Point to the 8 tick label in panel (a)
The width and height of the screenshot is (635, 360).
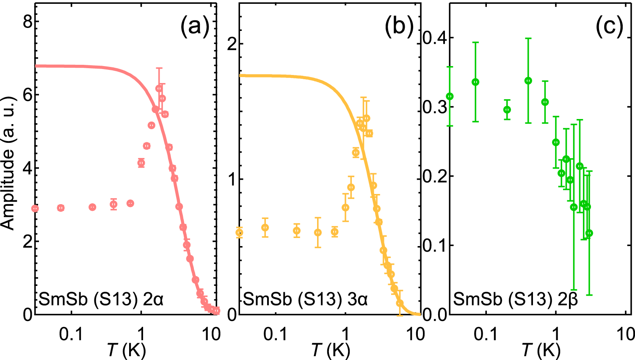tap(28, 22)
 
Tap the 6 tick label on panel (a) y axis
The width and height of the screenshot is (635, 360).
tap(28, 95)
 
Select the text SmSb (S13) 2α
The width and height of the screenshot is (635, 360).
tap(101, 299)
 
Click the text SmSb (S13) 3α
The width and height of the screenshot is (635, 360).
tap(305, 299)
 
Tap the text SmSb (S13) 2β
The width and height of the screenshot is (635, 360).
tap(516, 299)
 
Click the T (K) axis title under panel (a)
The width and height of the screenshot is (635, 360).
tap(127, 350)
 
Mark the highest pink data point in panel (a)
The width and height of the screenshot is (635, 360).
tap(159, 89)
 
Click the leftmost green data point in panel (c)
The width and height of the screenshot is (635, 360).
tap(450, 97)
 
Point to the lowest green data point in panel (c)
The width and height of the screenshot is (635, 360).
tap(589, 233)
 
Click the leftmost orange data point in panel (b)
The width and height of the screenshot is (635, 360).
tap(239, 233)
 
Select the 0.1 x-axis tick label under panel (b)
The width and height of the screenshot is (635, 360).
tap(275, 335)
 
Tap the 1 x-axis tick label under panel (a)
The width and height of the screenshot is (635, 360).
tap(141, 335)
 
